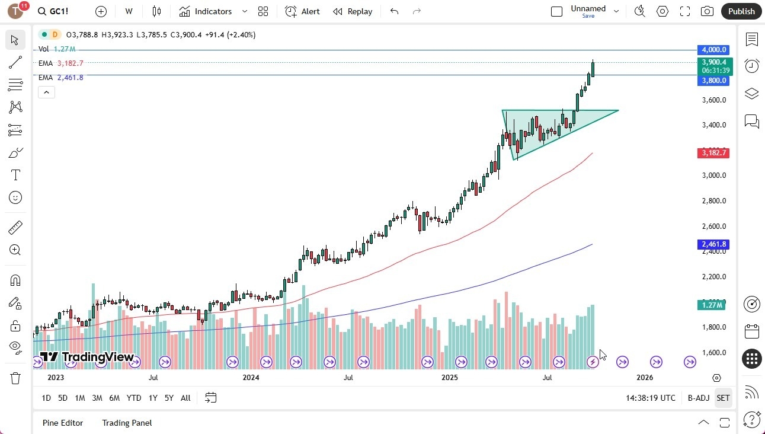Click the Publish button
[x=741, y=11]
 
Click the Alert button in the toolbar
[x=302, y=11]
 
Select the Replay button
[x=353, y=11]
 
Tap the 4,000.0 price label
[x=714, y=50]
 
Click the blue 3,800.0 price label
[x=714, y=81]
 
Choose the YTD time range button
[x=134, y=398]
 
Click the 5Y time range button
[x=169, y=398]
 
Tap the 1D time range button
[x=46, y=398]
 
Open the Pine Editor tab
[x=63, y=423]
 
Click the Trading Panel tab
[x=127, y=423]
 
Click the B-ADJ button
[x=698, y=398]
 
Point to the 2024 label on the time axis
[x=251, y=377]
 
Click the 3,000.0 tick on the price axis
[x=713, y=175]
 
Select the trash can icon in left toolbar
[x=15, y=378]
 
